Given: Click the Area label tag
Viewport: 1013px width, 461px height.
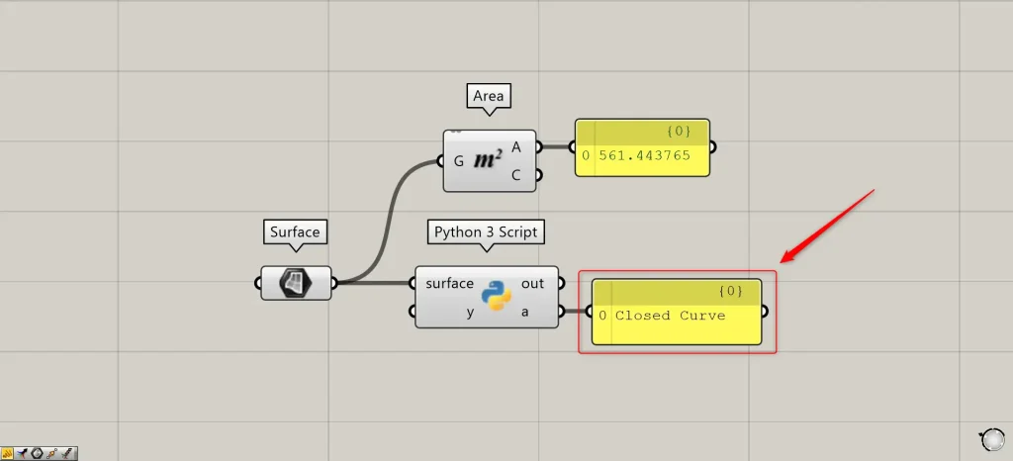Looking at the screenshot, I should click(488, 96).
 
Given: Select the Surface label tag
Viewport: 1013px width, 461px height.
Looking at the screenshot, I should click(295, 232).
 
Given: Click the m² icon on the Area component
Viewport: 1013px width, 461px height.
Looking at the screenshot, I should click(488, 159).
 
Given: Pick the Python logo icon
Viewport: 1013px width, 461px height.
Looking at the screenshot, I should click(497, 296).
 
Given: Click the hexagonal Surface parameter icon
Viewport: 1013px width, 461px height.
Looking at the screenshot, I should click(296, 283).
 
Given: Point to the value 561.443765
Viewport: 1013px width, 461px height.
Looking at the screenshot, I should click(644, 155).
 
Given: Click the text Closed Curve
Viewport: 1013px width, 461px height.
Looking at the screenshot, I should click(670, 316).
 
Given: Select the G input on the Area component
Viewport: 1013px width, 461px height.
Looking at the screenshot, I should click(458, 160).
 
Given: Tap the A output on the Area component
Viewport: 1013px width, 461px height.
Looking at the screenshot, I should click(516, 146).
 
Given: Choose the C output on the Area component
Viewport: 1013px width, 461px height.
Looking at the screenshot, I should click(516, 175).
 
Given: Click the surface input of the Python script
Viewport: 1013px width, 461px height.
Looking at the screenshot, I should click(449, 283).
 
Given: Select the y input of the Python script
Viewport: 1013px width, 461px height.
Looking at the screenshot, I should click(470, 313).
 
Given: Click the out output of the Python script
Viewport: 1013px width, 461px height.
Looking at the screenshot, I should click(532, 283).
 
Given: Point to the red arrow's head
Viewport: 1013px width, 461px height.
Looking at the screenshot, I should click(784, 261).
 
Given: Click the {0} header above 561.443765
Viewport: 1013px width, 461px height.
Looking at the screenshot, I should click(678, 131).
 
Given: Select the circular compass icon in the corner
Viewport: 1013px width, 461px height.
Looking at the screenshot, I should click(991, 439).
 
